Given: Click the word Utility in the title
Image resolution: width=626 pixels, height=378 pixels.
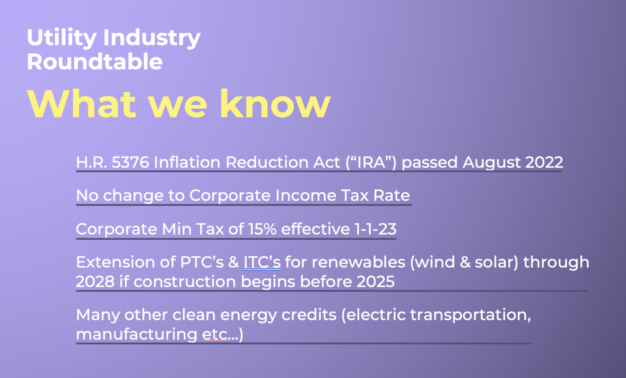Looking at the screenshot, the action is point(62,38).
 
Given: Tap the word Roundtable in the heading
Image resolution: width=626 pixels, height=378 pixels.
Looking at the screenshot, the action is point(95,62).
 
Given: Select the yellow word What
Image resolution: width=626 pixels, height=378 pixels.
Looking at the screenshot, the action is point(81,104).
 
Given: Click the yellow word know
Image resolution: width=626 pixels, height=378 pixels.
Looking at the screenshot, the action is point(275,104).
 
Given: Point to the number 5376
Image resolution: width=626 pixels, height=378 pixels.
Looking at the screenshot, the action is point(130,162).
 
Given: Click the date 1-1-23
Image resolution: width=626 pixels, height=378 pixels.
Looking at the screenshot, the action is point(375,229).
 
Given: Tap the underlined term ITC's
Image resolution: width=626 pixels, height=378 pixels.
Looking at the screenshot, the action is point(262,262).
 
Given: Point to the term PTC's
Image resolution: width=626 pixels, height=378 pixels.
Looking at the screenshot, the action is point(202,262).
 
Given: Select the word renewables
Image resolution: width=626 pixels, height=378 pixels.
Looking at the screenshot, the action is point(359,262).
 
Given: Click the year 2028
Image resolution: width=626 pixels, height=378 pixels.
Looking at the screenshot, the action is point(95,281).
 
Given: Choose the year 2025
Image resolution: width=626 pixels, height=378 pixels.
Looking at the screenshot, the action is point(376,281).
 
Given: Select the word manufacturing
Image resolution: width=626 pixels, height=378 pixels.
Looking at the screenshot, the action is point(137,335).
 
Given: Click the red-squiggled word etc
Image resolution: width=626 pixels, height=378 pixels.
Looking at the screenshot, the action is point(215,335).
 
